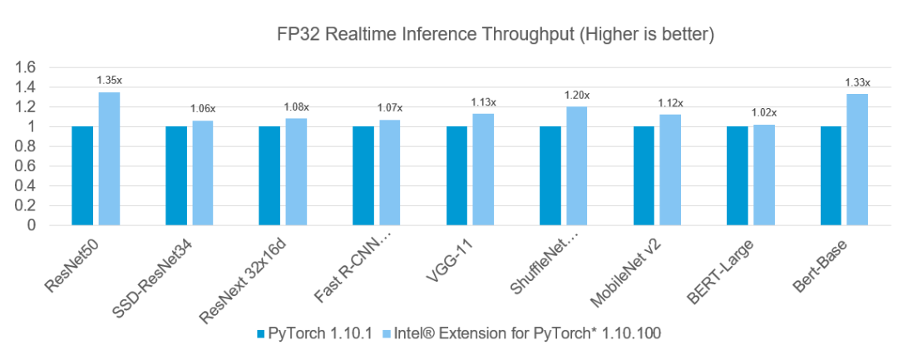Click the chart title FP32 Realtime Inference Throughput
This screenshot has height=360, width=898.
click(496, 35)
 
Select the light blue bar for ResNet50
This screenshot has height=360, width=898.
click(109, 158)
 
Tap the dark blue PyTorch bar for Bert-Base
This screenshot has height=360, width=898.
click(831, 175)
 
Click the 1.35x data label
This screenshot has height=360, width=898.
click(109, 81)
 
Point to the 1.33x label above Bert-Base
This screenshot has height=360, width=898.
click(857, 82)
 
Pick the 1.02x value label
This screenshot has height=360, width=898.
click(763, 113)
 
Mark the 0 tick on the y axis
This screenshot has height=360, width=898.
click(32, 224)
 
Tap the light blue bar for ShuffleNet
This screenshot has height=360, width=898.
click(576, 165)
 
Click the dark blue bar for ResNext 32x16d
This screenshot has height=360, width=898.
click(269, 175)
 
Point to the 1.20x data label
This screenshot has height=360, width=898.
click(576, 96)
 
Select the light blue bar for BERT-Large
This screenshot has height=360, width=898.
click(763, 175)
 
